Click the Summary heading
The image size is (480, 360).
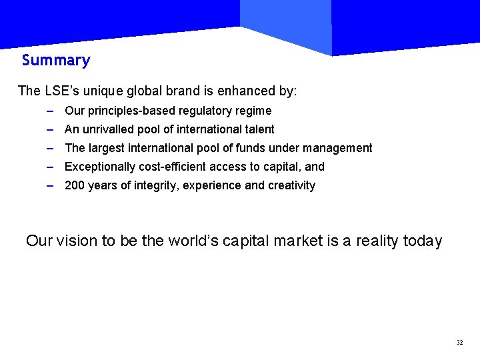tap(56, 61)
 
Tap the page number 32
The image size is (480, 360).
tap(460, 342)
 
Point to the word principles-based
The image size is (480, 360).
tap(125, 111)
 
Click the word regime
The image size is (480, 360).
tap(254, 111)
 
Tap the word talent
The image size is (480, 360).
tap(259, 129)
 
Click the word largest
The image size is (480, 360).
tap(105, 148)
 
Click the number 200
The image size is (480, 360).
tap(74, 185)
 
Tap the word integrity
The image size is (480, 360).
tap(155, 185)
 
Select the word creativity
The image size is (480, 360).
tap(291, 185)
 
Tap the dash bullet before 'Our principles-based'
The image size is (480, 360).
tap(51, 111)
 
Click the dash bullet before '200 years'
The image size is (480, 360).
tap(51, 185)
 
